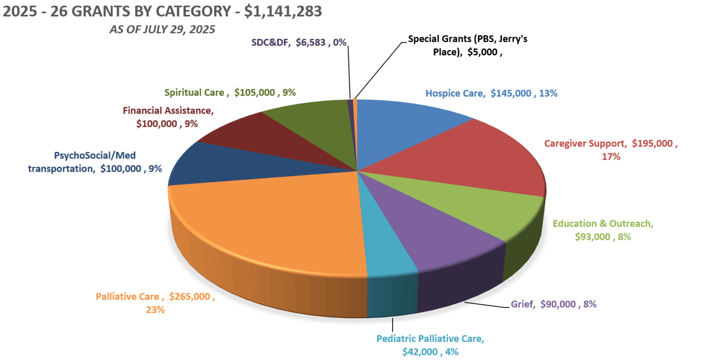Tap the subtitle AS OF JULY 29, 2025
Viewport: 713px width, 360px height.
[x=162, y=30]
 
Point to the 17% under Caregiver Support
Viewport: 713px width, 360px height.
[x=611, y=157]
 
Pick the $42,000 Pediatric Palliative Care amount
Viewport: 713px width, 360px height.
[x=420, y=352]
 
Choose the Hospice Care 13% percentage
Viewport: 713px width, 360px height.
[x=548, y=93]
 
